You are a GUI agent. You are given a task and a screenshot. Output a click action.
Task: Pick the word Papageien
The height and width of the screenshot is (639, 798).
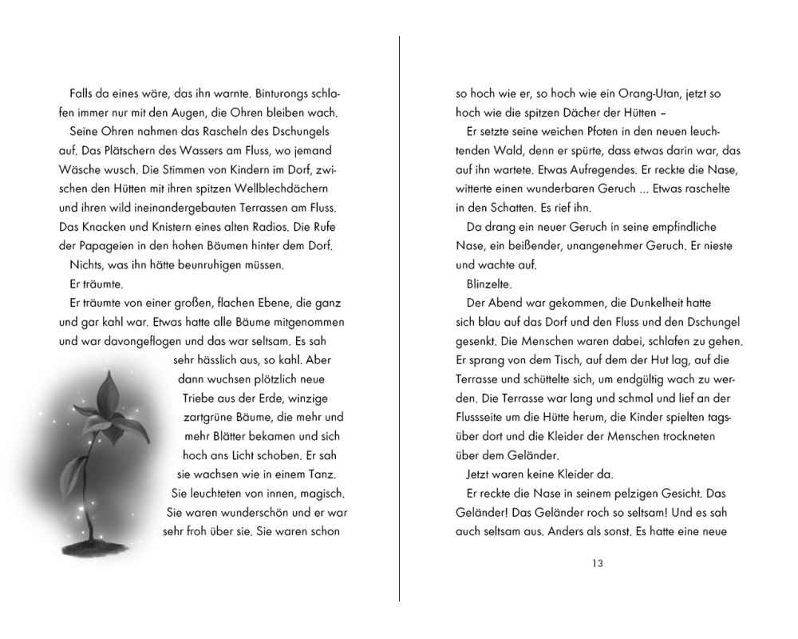(x=111, y=245)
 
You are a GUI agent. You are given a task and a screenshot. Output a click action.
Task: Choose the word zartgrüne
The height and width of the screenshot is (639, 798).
(x=209, y=417)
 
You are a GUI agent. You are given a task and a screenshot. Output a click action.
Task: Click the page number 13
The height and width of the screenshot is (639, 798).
(x=598, y=563)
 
